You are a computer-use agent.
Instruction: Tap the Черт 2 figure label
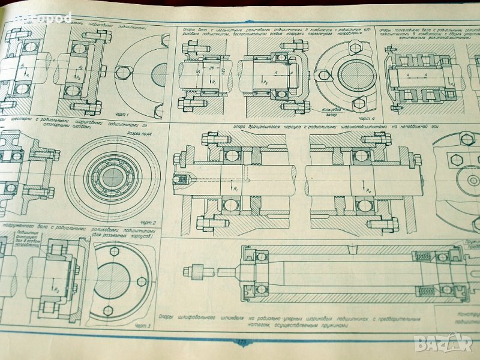[146, 223]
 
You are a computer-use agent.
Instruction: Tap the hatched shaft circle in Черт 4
[356, 74]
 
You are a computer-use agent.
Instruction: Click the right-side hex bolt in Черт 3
[142, 281]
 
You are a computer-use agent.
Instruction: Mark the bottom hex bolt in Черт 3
[108, 310]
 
